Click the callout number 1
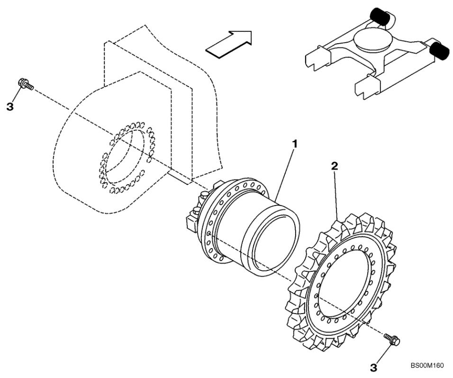[294, 143]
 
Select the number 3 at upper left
[10, 107]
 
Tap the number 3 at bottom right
[373, 368]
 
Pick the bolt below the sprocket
[392, 339]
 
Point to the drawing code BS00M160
[427, 366]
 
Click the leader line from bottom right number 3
[383, 354]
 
